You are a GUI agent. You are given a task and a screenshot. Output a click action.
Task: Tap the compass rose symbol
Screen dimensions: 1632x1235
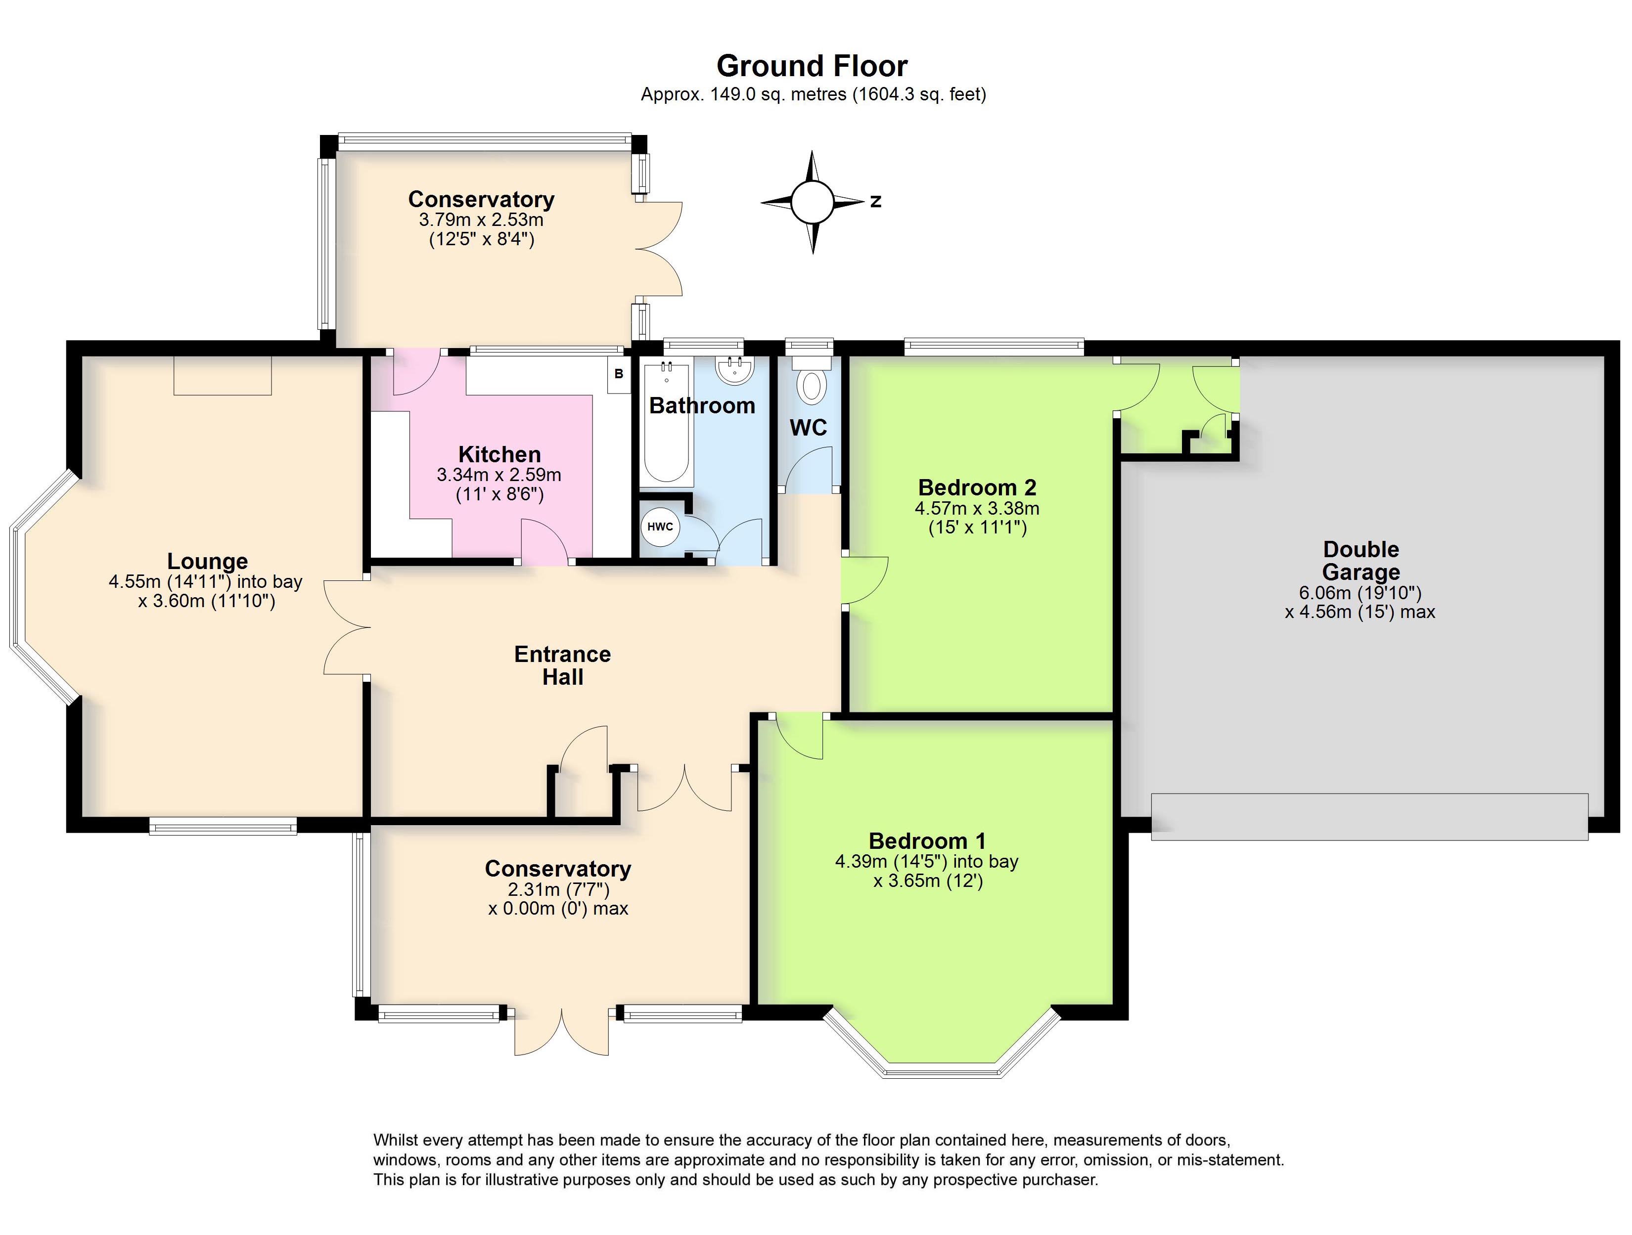tap(813, 201)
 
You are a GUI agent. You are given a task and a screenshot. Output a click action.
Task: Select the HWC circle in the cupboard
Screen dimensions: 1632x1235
tap(660, 527)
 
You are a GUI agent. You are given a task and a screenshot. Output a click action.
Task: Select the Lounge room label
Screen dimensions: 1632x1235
tap(207, 562)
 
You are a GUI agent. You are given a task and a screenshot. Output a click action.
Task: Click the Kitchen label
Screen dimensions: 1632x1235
tap(499, 454)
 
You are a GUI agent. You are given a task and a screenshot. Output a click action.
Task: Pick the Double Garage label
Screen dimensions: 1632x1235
tap(1361, 561)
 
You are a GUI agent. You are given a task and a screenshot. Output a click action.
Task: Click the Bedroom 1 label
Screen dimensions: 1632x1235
tap(927, 841)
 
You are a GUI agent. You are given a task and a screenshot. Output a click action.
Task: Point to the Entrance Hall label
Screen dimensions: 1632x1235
tap(563, 665)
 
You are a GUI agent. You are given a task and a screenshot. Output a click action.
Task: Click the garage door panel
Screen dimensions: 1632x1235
tap(1369, 817)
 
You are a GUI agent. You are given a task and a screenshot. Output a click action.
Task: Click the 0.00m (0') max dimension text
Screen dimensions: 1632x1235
tap(558, 908)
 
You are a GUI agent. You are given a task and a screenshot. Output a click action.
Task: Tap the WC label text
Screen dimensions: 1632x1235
tap(809, 428)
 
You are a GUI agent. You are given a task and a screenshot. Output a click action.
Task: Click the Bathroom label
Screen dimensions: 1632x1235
tap(702, 406)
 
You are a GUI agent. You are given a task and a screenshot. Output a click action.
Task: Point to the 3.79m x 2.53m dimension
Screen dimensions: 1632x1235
tap(481, 220)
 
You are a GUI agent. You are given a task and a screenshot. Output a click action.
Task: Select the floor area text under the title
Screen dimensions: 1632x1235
tap(813, 94)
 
